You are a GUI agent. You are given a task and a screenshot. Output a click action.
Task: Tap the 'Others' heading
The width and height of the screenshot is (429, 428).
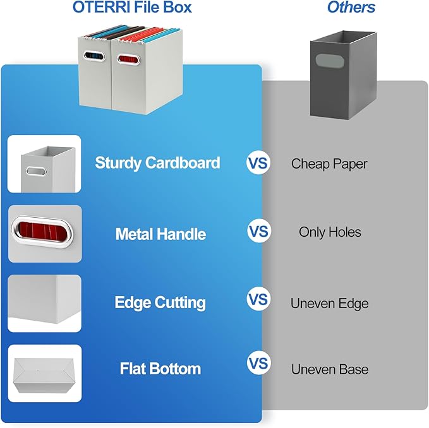click(x=351, y=8)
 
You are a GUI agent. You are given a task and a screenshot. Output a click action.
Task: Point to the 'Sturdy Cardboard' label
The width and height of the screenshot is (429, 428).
click(x=157, y=163)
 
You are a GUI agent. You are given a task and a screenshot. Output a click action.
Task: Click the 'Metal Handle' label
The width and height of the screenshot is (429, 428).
click(x=160, y=234)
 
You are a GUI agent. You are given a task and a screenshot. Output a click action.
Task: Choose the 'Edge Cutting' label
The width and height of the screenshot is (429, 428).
click(x=160, y=303)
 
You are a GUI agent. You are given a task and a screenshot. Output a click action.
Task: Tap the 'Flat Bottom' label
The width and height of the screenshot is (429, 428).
click(x=160, y=369)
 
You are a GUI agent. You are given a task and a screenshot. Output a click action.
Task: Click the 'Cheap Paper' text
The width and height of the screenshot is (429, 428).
click(x=329, y=164)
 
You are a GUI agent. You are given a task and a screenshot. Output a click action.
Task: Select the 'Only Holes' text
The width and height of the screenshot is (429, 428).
click(x=330, y=232)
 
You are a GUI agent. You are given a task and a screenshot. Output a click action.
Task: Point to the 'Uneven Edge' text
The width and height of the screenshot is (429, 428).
click(x=329, y=304)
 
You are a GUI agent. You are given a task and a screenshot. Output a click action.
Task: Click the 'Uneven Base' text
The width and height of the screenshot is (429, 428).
click(x=329, y=369)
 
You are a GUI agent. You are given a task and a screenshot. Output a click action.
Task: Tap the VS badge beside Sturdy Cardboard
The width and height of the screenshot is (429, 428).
click(x=258, y=163)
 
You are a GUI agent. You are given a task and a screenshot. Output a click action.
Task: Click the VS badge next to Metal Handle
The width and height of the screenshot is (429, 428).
click(x=258, y=231)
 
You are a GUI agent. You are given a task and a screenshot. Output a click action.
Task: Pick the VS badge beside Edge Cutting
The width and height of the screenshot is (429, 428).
click(x=258, y=298)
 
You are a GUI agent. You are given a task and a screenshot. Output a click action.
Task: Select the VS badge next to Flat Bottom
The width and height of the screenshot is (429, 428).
click(x=258, y=364)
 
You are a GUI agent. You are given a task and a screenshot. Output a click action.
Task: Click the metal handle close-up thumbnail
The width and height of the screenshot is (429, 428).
click(x=45, y=234)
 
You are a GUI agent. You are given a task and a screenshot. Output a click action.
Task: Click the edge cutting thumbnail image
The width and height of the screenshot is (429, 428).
click(x=45, y=304)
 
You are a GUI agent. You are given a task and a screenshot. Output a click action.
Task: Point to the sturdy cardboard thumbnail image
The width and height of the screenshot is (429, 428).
click(x=45, y=164)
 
